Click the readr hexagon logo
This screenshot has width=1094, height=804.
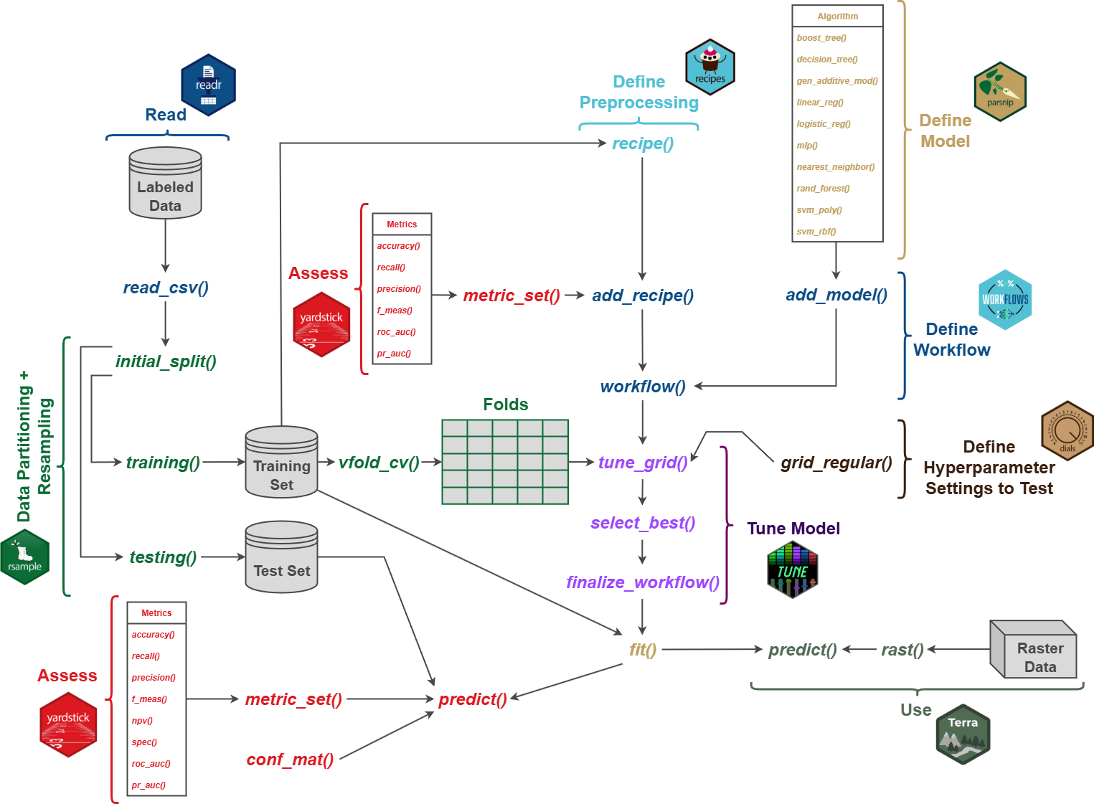[208, 85]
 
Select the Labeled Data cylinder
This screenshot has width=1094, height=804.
[165, 184]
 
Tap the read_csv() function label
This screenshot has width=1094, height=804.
[166, 288]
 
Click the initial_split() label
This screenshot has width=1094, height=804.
[166, 361]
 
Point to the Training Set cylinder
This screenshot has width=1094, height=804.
[281, 463]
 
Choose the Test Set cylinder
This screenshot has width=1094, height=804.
[281, 558]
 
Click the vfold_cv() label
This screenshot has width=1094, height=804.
[379, 463]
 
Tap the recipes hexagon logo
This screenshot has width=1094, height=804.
[709, 67]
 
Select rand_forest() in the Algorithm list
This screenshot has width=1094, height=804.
[823, 189]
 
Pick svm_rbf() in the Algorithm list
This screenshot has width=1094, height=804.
[816, 232]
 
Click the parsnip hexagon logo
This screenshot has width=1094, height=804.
[1000, 92]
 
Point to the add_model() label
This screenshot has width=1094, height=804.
[836, 295]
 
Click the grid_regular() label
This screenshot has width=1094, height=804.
[836, 463]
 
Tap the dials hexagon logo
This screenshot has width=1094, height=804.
[1067, 431]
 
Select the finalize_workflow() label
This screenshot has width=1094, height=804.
[643, 582]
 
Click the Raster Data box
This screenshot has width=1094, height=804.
[1034, 651]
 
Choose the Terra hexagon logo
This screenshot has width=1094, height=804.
[963, 734]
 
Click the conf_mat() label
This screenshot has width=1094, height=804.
[290, 760]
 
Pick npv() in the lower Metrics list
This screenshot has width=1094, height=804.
[142, 721]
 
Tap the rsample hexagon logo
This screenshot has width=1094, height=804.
[25, 557]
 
